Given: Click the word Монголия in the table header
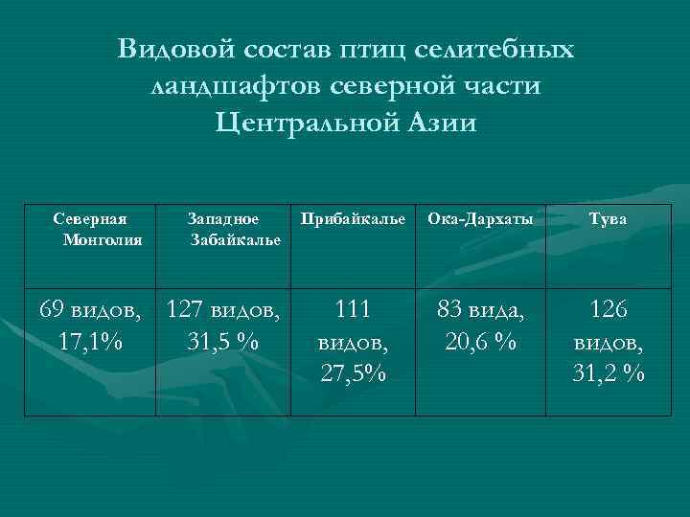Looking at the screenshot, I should [102, 238].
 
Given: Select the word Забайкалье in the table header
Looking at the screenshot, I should [236, 238].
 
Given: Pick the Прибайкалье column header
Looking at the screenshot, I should [352, 219].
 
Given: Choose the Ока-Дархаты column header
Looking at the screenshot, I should [480, 219].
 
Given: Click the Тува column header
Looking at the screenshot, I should [609, 219].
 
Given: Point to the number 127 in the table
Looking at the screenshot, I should [186, 310].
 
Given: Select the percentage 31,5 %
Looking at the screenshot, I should [221, 341].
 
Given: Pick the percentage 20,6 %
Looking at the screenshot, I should [481, 341].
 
